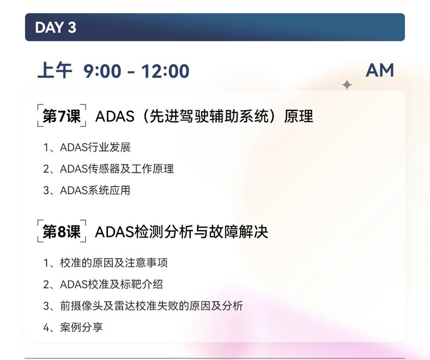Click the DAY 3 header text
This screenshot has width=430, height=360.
[56, 27]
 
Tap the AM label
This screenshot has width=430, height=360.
[380, 70]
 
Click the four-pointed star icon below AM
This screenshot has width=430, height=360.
[347, 85]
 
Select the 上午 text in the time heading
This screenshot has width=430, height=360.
[55, 70]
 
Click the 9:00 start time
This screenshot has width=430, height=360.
[102, 71]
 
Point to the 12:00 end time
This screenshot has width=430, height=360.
[165, 71]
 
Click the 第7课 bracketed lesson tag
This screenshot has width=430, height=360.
[62, 116]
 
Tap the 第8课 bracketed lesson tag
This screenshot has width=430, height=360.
[62, 231]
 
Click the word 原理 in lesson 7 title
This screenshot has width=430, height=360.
[298, 116]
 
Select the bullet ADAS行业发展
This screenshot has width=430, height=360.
[95, 147]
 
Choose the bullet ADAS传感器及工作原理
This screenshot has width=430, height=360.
[117, 169]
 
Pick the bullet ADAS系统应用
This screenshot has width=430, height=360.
[95, 190]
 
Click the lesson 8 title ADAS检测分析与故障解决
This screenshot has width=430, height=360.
[181, 232]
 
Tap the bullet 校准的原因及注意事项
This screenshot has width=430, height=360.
[114, 263]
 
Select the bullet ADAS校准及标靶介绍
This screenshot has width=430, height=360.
[111, 285]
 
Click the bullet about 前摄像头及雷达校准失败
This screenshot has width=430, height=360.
[152, 306]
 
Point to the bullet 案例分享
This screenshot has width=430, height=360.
[82, 327]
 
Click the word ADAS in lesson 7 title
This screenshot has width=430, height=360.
[114, 116]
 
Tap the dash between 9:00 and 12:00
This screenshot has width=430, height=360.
[131, 72]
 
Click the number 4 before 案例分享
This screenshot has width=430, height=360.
[46, 328]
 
